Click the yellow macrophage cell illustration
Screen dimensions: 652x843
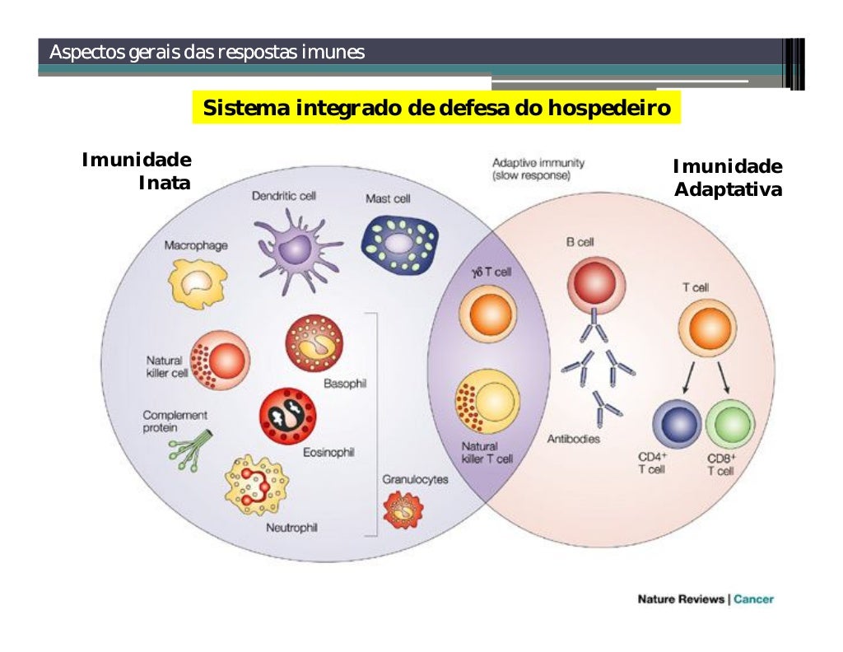pyautogui.click(x=197, y=283)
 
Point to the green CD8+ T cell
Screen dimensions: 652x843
pyautogui.click(x=729, y=424)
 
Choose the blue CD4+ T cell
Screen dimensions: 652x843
pyautogui.click(x=677, y=424)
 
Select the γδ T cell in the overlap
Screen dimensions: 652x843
pyautogui.click(x=487, y=315)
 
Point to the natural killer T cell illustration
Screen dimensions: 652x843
pyautogui.click(x=487, y=403)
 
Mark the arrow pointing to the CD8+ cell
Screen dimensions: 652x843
pyautogui.click(x=724, y=378)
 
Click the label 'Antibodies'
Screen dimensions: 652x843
pyautogui.click(x=574, y=440)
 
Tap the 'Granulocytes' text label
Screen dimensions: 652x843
pyautogui.click(x=415, y=479)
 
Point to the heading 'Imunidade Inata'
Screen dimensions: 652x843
pyautogui.click(x=137, y=170)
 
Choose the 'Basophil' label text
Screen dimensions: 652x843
pyautogui.click(x=345, y=384)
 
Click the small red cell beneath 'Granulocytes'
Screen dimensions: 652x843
pyautogui.click(x=403, y=510)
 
